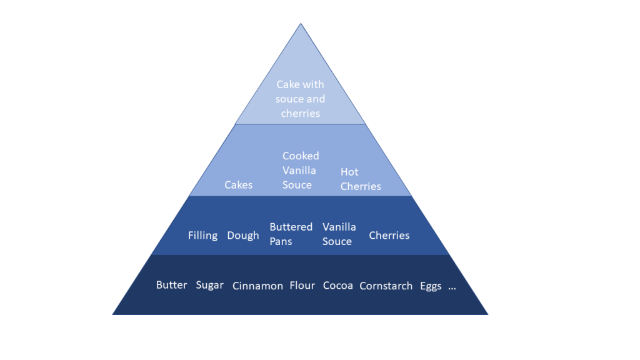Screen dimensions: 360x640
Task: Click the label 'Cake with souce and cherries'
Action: click(x=301, y=99)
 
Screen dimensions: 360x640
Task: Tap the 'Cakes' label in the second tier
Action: click(x=239, y=184)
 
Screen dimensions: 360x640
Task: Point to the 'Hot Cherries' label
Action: click(x=361, y=179)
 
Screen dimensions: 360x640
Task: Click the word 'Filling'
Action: click(x=202, y=236)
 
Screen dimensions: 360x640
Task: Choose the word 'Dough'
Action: click(x=243, y=236)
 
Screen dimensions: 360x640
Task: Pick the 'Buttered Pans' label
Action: click(x=291, y=234)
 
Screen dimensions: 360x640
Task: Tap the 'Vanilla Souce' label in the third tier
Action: click(x=339, y=234)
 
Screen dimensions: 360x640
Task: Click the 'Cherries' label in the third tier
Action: click(x=389, y=236)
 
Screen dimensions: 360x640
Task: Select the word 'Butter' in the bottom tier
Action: click(x=171, y=285)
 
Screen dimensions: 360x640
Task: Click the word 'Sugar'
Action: click(x=209, y=285)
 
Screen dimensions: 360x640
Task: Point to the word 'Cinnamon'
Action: click(x=257, y=286)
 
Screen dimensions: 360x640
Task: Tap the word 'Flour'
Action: click(x=302, y=286)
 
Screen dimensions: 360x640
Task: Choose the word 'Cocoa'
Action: click(x=337, y=286)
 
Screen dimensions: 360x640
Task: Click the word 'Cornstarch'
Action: click(x=386, y=286)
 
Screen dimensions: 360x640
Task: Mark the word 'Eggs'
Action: click(x=431, y=286)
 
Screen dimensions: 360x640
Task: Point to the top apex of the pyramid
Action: click(x=301, y=24)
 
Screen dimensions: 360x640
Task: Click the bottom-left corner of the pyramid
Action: click(x=112, y=314)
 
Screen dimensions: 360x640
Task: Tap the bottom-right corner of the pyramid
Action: click(x=488, y=314)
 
